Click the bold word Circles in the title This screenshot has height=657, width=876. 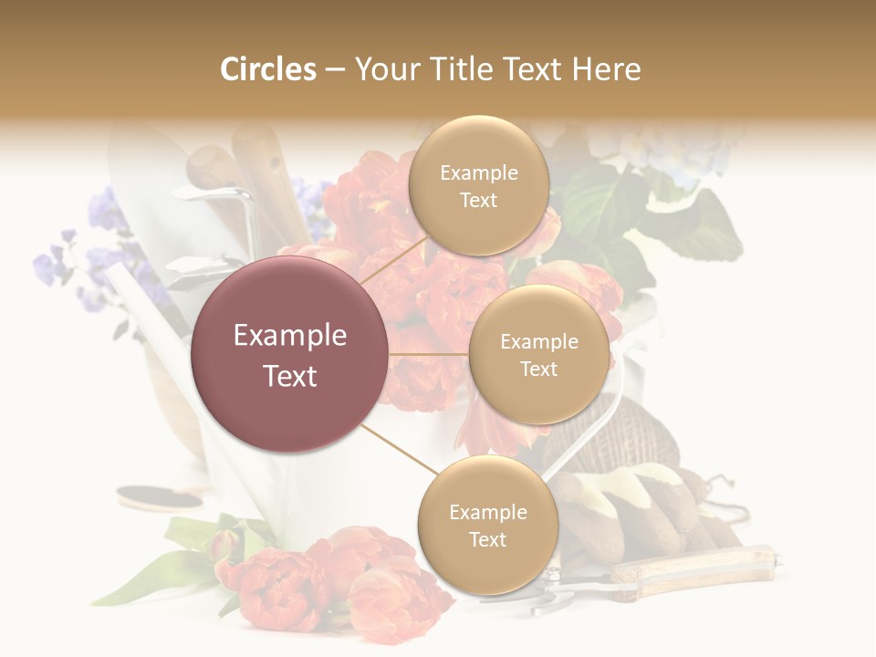[267, 69]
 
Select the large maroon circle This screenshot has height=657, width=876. [289, 354]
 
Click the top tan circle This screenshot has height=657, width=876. [478, 185]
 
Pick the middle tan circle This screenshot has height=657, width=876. [538, 354]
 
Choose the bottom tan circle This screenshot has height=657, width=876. [487, 525]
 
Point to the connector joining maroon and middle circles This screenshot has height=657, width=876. [429, 354]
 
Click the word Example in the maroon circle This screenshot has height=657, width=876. [289, 336]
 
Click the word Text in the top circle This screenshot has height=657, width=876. [478, 200]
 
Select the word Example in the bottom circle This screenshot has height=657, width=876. [487, 512]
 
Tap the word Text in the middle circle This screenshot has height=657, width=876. [538, 369]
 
